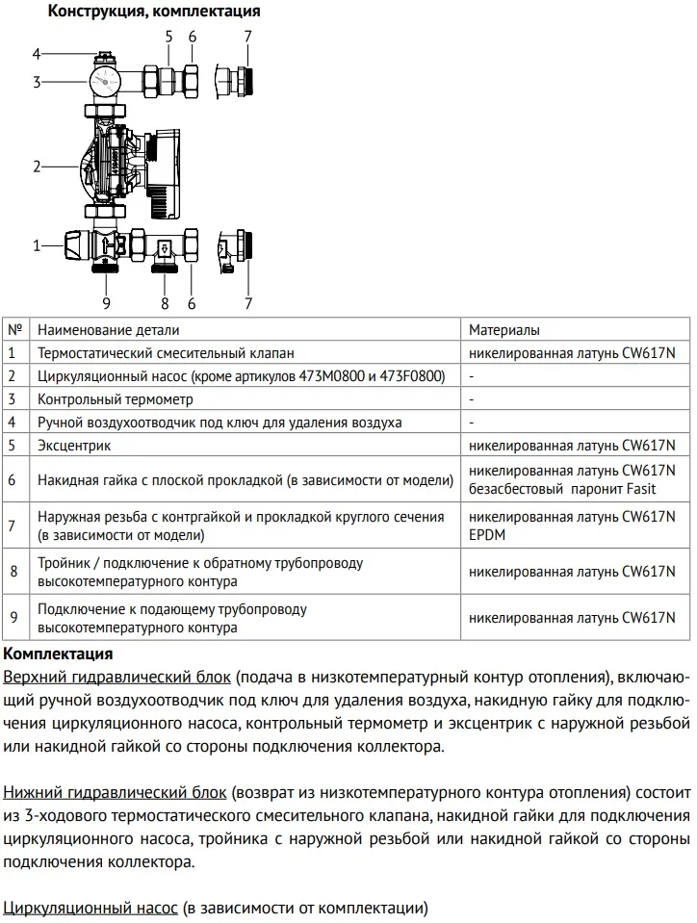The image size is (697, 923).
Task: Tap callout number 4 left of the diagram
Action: coord(37,54)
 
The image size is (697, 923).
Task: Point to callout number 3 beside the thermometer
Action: coord(37,83)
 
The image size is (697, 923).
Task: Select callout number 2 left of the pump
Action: coord(37,167)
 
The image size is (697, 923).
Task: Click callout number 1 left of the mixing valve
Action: coord(37,245)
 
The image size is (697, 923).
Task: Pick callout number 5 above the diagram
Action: coord(168,37)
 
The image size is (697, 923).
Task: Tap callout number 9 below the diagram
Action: coord(106,304)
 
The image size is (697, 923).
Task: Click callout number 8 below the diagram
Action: coord(165,304)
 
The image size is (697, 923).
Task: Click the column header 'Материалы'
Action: coord(504,329)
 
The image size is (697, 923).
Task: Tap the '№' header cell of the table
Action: coord(14,329)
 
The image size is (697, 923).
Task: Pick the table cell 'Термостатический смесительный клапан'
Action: coord(166,353)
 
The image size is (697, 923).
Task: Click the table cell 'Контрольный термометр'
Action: coord(116,398)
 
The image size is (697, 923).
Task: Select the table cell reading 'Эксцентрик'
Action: coord(74,446)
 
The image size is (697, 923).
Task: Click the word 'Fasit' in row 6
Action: coord(638,489)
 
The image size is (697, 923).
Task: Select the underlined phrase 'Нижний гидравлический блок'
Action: coord(116,793)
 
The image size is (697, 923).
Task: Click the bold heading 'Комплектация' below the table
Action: coord(58,654)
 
